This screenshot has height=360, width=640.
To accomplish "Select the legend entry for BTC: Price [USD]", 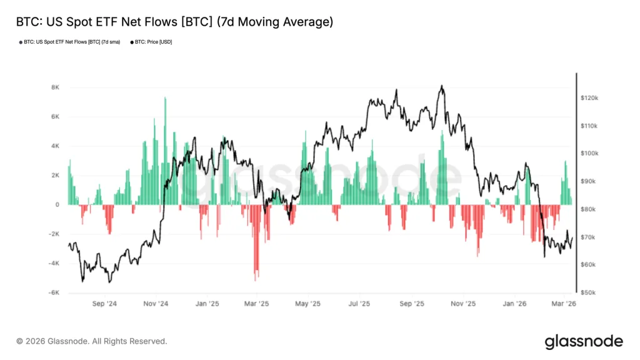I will coord(151,41).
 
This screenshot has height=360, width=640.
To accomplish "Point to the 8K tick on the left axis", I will coord(55,87).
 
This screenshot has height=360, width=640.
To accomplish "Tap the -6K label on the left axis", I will coord(54,292).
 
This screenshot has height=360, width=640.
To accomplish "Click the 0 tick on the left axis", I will coord(57,204).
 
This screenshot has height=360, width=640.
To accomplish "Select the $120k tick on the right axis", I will coord(589,98).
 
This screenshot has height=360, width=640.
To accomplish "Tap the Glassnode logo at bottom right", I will coord(584,341).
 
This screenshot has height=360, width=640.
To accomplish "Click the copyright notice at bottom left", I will coord(92,341).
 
